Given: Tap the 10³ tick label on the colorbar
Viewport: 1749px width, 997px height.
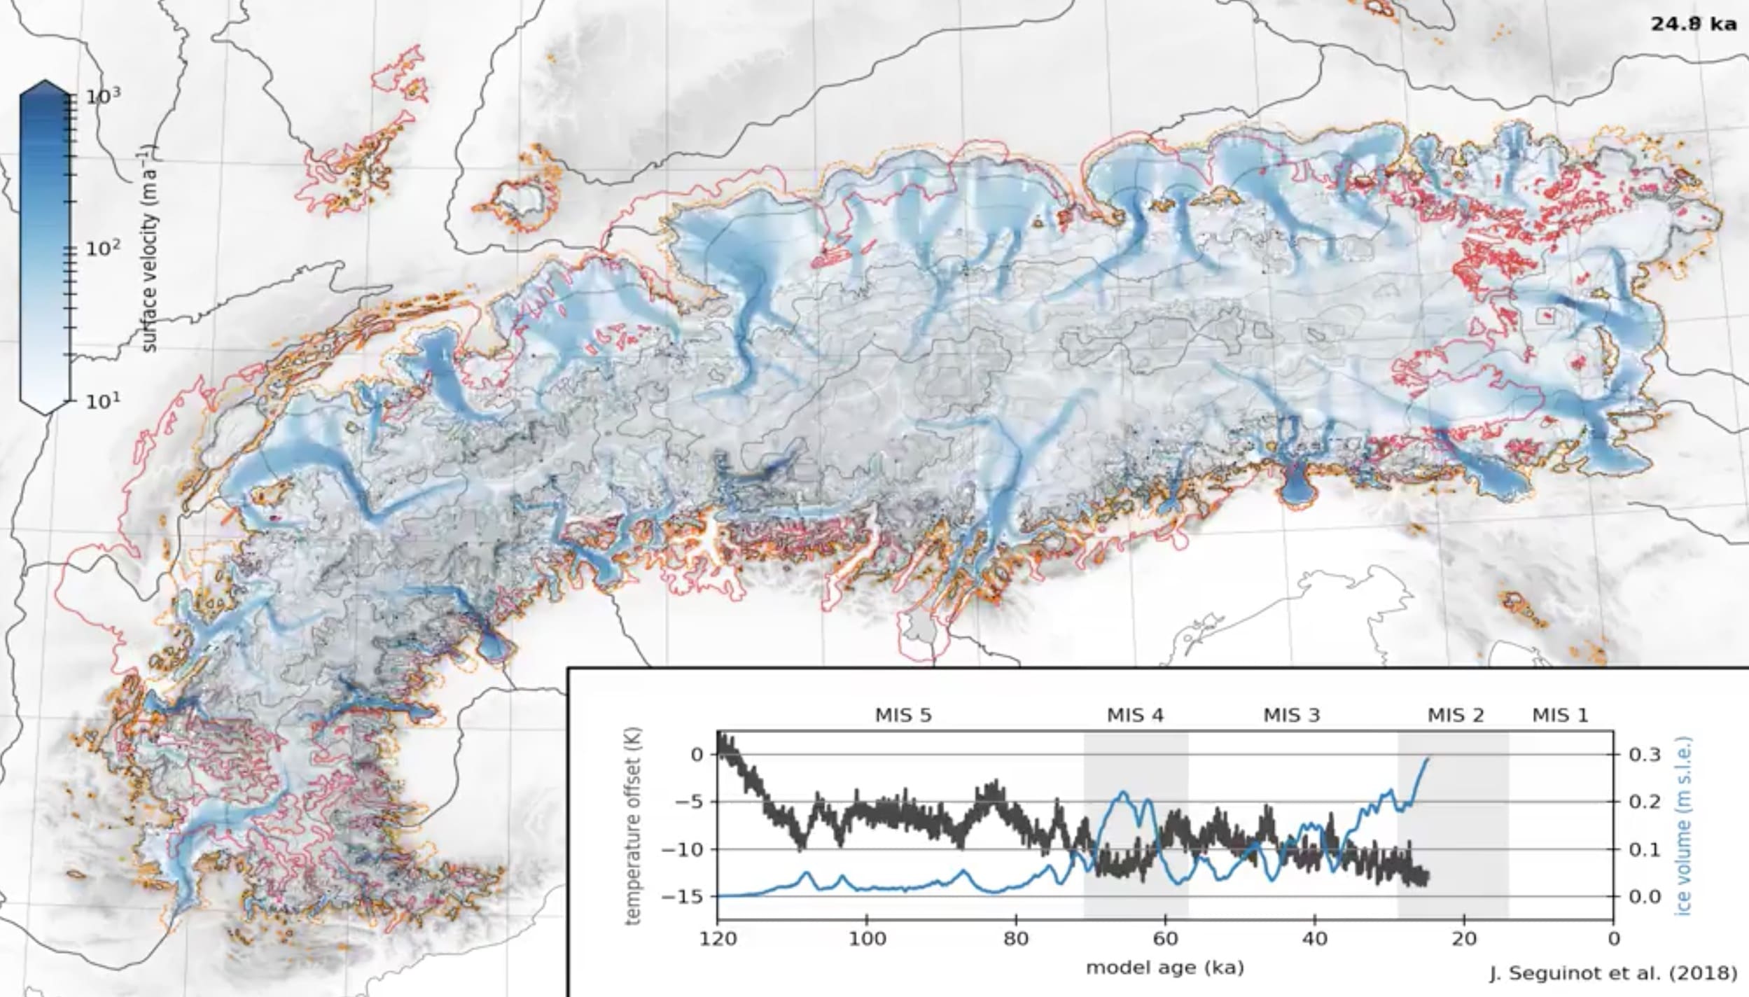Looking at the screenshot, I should coord(103,96).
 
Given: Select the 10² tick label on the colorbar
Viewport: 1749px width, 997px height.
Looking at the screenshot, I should coord(103,248).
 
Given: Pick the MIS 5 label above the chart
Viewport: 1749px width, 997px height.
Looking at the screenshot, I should coord(903,715).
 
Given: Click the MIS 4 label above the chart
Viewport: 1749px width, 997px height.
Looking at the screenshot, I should coord(1135,715).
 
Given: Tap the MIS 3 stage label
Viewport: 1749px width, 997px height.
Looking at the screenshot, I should coord(1292,715).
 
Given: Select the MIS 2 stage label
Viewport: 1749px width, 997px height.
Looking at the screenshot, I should coord(1456,715).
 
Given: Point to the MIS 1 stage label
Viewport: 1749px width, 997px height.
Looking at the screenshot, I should coord(1560,715).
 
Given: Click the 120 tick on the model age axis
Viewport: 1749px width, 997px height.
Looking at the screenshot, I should coord(718,939).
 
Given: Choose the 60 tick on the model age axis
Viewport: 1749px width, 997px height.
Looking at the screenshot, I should coord(1165,939).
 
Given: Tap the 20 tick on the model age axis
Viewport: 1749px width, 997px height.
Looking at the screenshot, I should coord(1464,939).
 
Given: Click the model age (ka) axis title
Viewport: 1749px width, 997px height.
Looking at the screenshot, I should coord(1165,968).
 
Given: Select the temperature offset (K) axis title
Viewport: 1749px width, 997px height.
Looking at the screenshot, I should coord(634,826).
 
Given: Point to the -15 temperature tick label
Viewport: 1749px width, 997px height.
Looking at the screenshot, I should coord(685,896).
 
